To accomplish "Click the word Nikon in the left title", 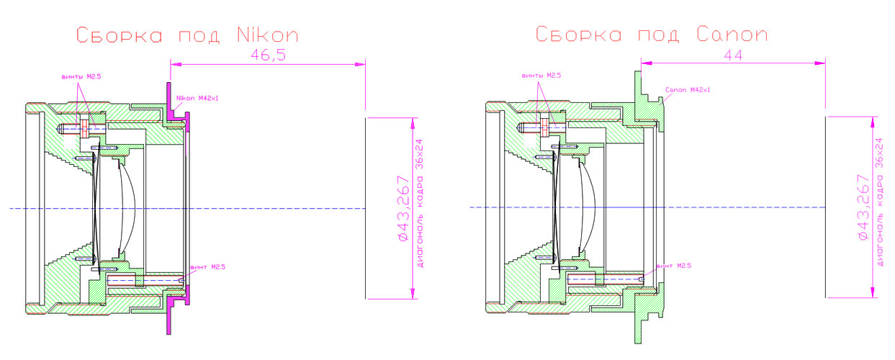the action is pyautogui.click(x=267, y=35).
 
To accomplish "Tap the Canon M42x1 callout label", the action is pyautogui.click(x=687, y=90).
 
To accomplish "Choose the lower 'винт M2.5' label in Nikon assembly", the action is pyautogui.click(x=208, y=267).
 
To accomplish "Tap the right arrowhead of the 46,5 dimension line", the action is pyautogui.click(x=359, y=64).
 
